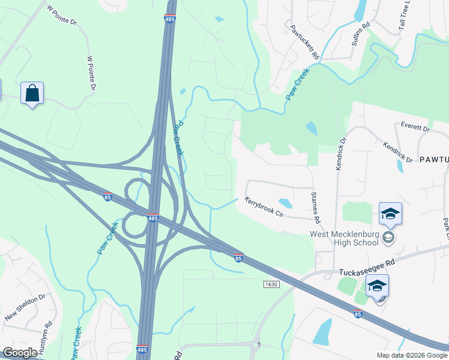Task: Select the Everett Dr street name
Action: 415,128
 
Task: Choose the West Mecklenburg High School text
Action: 344,238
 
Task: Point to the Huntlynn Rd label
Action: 47,334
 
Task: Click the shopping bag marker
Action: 32,94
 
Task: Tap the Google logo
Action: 20,353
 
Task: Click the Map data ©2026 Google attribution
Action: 412,355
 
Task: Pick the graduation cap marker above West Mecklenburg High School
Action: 390,214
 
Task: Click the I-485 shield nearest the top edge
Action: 170,19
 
